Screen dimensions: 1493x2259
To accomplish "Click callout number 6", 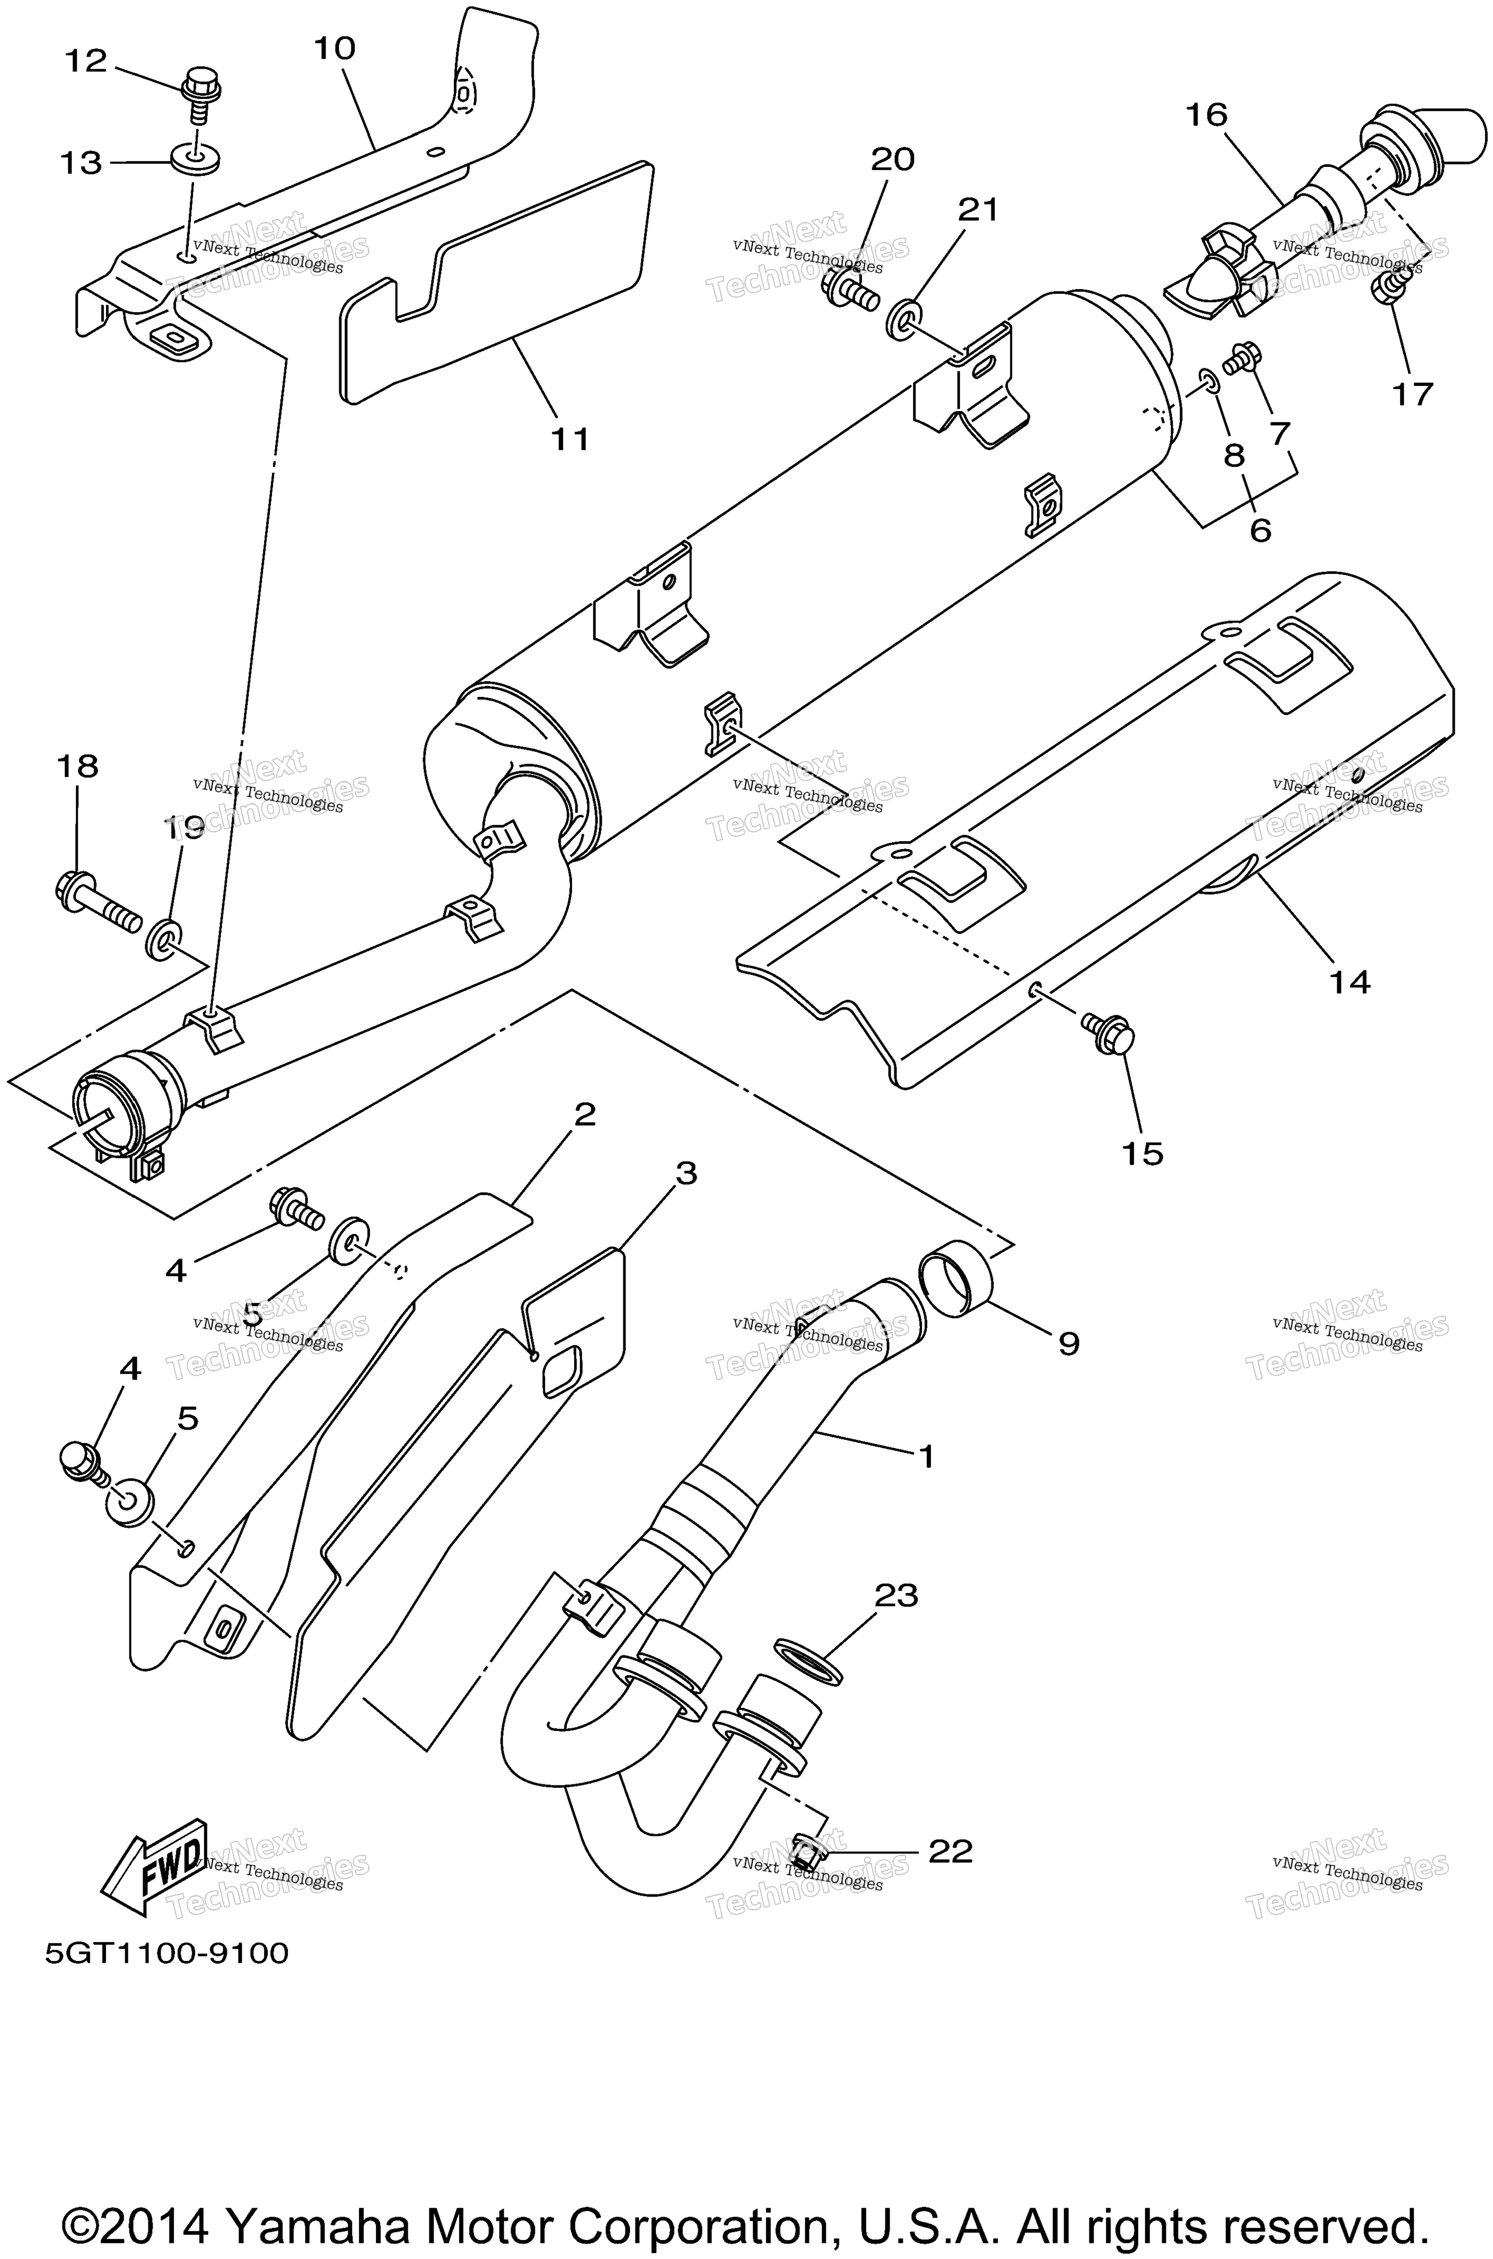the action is coord(1260,530).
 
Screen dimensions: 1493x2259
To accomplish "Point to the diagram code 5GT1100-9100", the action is coord(167,1953).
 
